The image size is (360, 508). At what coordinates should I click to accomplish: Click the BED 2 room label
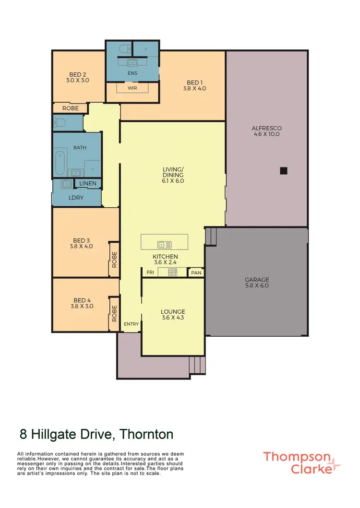[78, 78]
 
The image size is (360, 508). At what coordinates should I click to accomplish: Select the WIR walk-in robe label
[132, 88]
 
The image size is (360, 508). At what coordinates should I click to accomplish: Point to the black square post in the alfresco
[284, 170]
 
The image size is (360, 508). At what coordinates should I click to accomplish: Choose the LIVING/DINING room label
[173, 175]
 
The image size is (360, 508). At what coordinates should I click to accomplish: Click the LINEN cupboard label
[88, 184]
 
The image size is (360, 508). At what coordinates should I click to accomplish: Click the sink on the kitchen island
[161, 245]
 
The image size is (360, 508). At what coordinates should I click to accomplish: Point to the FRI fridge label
[150, 272]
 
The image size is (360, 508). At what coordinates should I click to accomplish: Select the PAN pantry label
[196, 272]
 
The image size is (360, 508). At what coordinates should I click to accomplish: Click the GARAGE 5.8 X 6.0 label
[257, 283]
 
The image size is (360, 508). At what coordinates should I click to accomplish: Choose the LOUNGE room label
[173, 315]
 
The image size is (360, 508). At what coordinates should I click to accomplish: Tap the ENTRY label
[131, 324]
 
